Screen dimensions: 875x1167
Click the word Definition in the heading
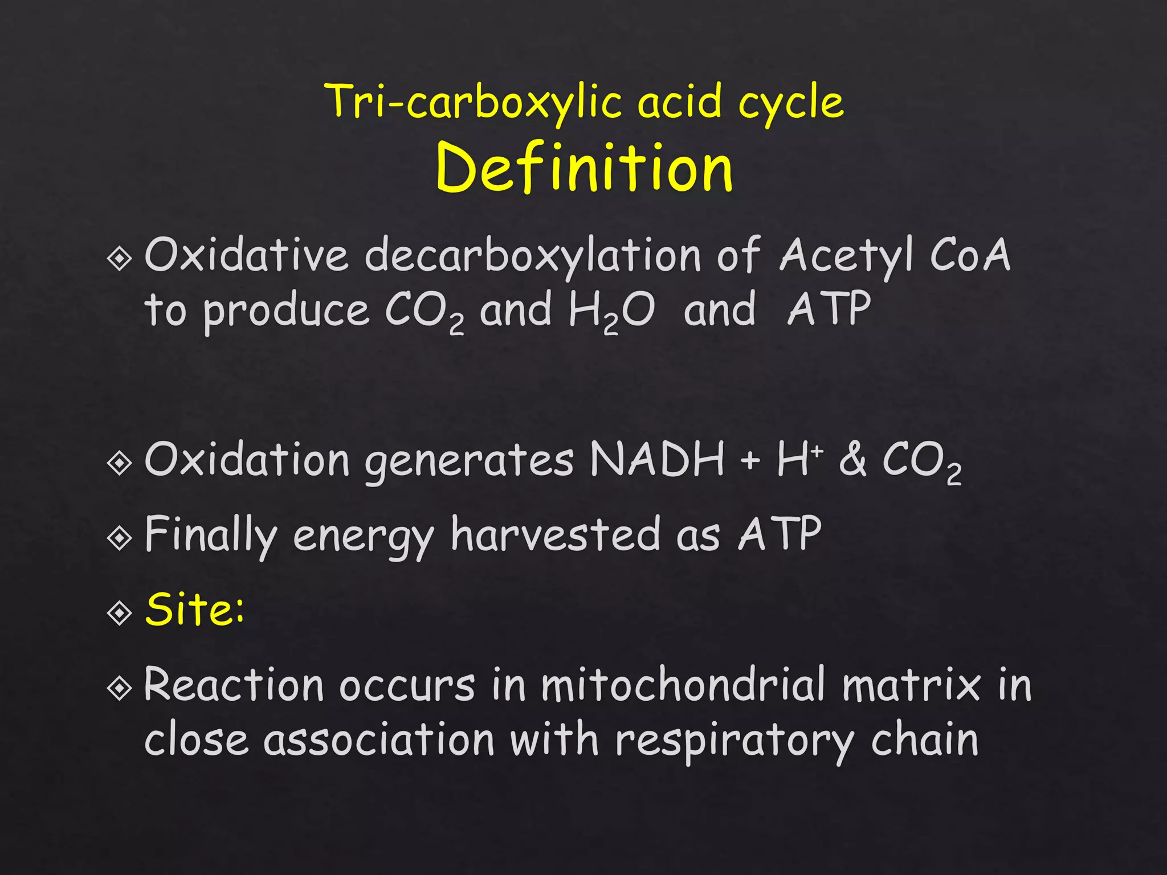click(x=584, y=168)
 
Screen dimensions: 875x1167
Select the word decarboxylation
click(x=533, y=256)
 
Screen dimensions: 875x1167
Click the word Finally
click(x=210, y=535)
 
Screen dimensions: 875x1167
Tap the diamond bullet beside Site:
click(x=120, y=613)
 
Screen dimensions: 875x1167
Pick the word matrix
click(x=912, y=685)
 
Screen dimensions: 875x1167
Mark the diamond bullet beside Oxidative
click(x=120, y=259)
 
